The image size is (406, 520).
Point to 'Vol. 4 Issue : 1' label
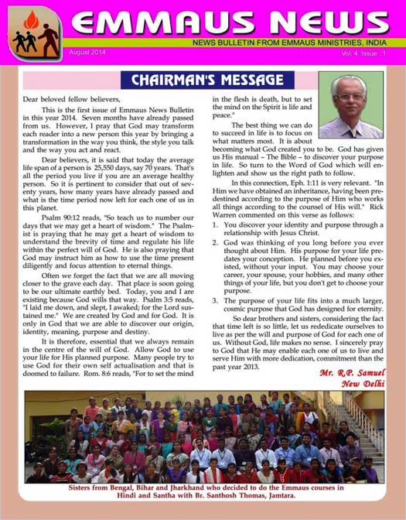pyautogui.click(x=367, y=52)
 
